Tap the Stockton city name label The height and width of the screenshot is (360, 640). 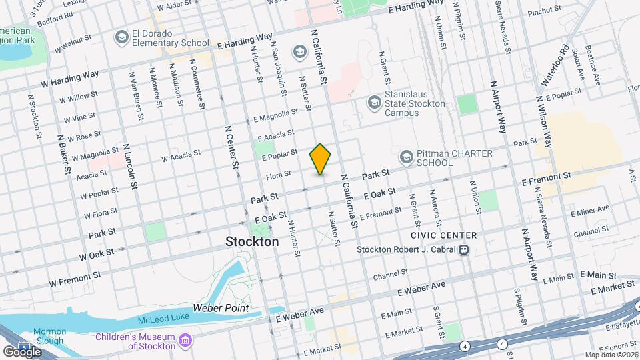point(252,241)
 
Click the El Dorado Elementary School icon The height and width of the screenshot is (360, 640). point(121,37)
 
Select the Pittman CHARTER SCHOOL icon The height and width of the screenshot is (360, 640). point(405,157)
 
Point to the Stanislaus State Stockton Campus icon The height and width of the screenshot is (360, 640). point(373,103)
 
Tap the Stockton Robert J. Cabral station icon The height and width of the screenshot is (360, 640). point(462,249)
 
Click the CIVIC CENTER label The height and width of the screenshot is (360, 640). point(444,235)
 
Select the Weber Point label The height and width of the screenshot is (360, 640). point(221,308)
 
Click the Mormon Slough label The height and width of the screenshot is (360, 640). point(50,336)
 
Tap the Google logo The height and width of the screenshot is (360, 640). point(21,351)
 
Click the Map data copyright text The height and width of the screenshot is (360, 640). point(611,355)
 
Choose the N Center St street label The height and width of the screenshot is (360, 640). point(232,149)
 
